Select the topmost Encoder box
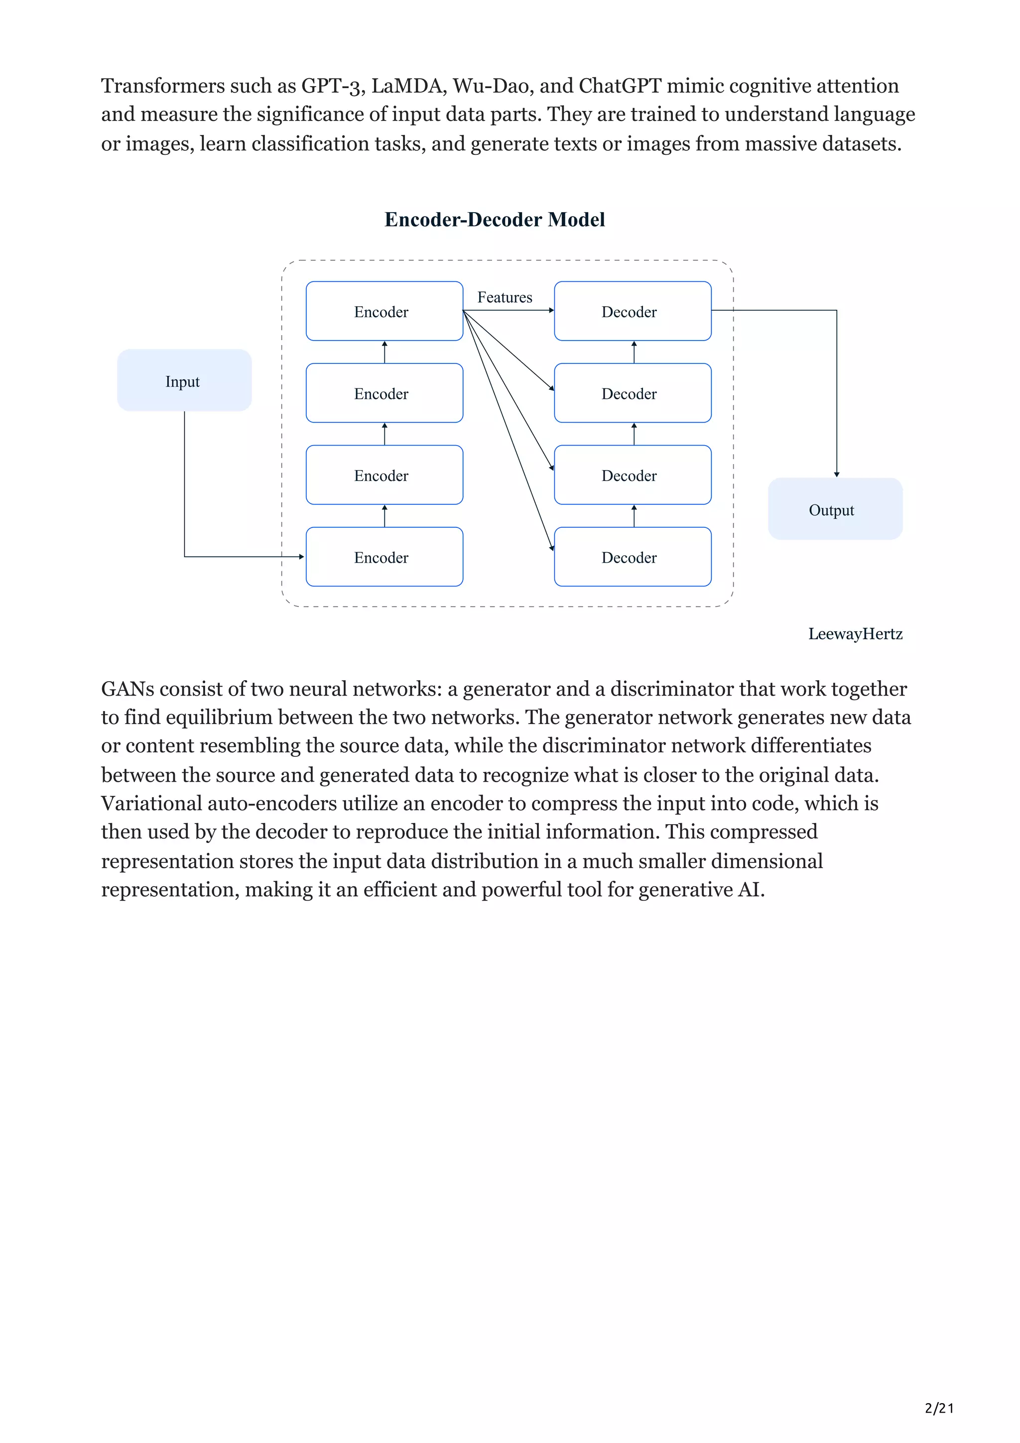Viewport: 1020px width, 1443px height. [384, 311]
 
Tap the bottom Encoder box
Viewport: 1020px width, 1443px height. [384, 557]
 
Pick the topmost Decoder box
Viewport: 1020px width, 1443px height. [632, 311]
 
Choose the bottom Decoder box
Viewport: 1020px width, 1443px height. [632, 557]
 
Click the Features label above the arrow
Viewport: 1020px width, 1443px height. [504, 297]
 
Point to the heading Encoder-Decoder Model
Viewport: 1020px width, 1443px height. [495, 220]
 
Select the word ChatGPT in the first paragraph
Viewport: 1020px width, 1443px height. [620, 86]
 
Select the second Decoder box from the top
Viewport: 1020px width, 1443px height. [632, 393]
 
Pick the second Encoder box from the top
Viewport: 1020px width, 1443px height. [384, 393]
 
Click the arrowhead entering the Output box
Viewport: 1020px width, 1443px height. [837, 475]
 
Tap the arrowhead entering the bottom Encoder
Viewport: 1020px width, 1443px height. [302, 557]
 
